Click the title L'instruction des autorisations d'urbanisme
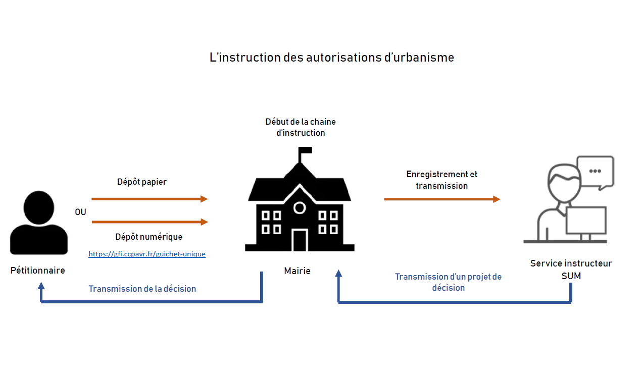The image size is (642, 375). (x=331, y=58)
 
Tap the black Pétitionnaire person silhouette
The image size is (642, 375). (x=39, y=223)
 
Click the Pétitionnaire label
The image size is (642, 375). (x=37, y=270)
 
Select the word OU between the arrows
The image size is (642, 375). (x=80, y=212)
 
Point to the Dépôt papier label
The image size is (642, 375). (x=142, y=182)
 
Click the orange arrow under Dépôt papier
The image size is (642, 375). (x=150, y=199)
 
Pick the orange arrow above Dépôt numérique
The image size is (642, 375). (x=150, y=222)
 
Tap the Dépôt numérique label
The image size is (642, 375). (x=149, y=237)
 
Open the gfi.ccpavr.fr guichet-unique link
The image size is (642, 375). (x=147, y=254)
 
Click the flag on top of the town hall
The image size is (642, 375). (x=305, y=150)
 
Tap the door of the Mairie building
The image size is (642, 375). (x=300, y=240)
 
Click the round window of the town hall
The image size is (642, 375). (x=300, y=208)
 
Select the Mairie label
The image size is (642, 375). (x=297, y=271)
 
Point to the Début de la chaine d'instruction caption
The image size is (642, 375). (x=301, y=127)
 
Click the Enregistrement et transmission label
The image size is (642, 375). (x=441, y=180)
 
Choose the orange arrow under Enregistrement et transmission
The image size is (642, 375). (x=442, y=199)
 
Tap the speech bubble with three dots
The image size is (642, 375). (x=596, y=173)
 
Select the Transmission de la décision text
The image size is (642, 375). (x=142, y=289)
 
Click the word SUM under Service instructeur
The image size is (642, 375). (x=571, y=276)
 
